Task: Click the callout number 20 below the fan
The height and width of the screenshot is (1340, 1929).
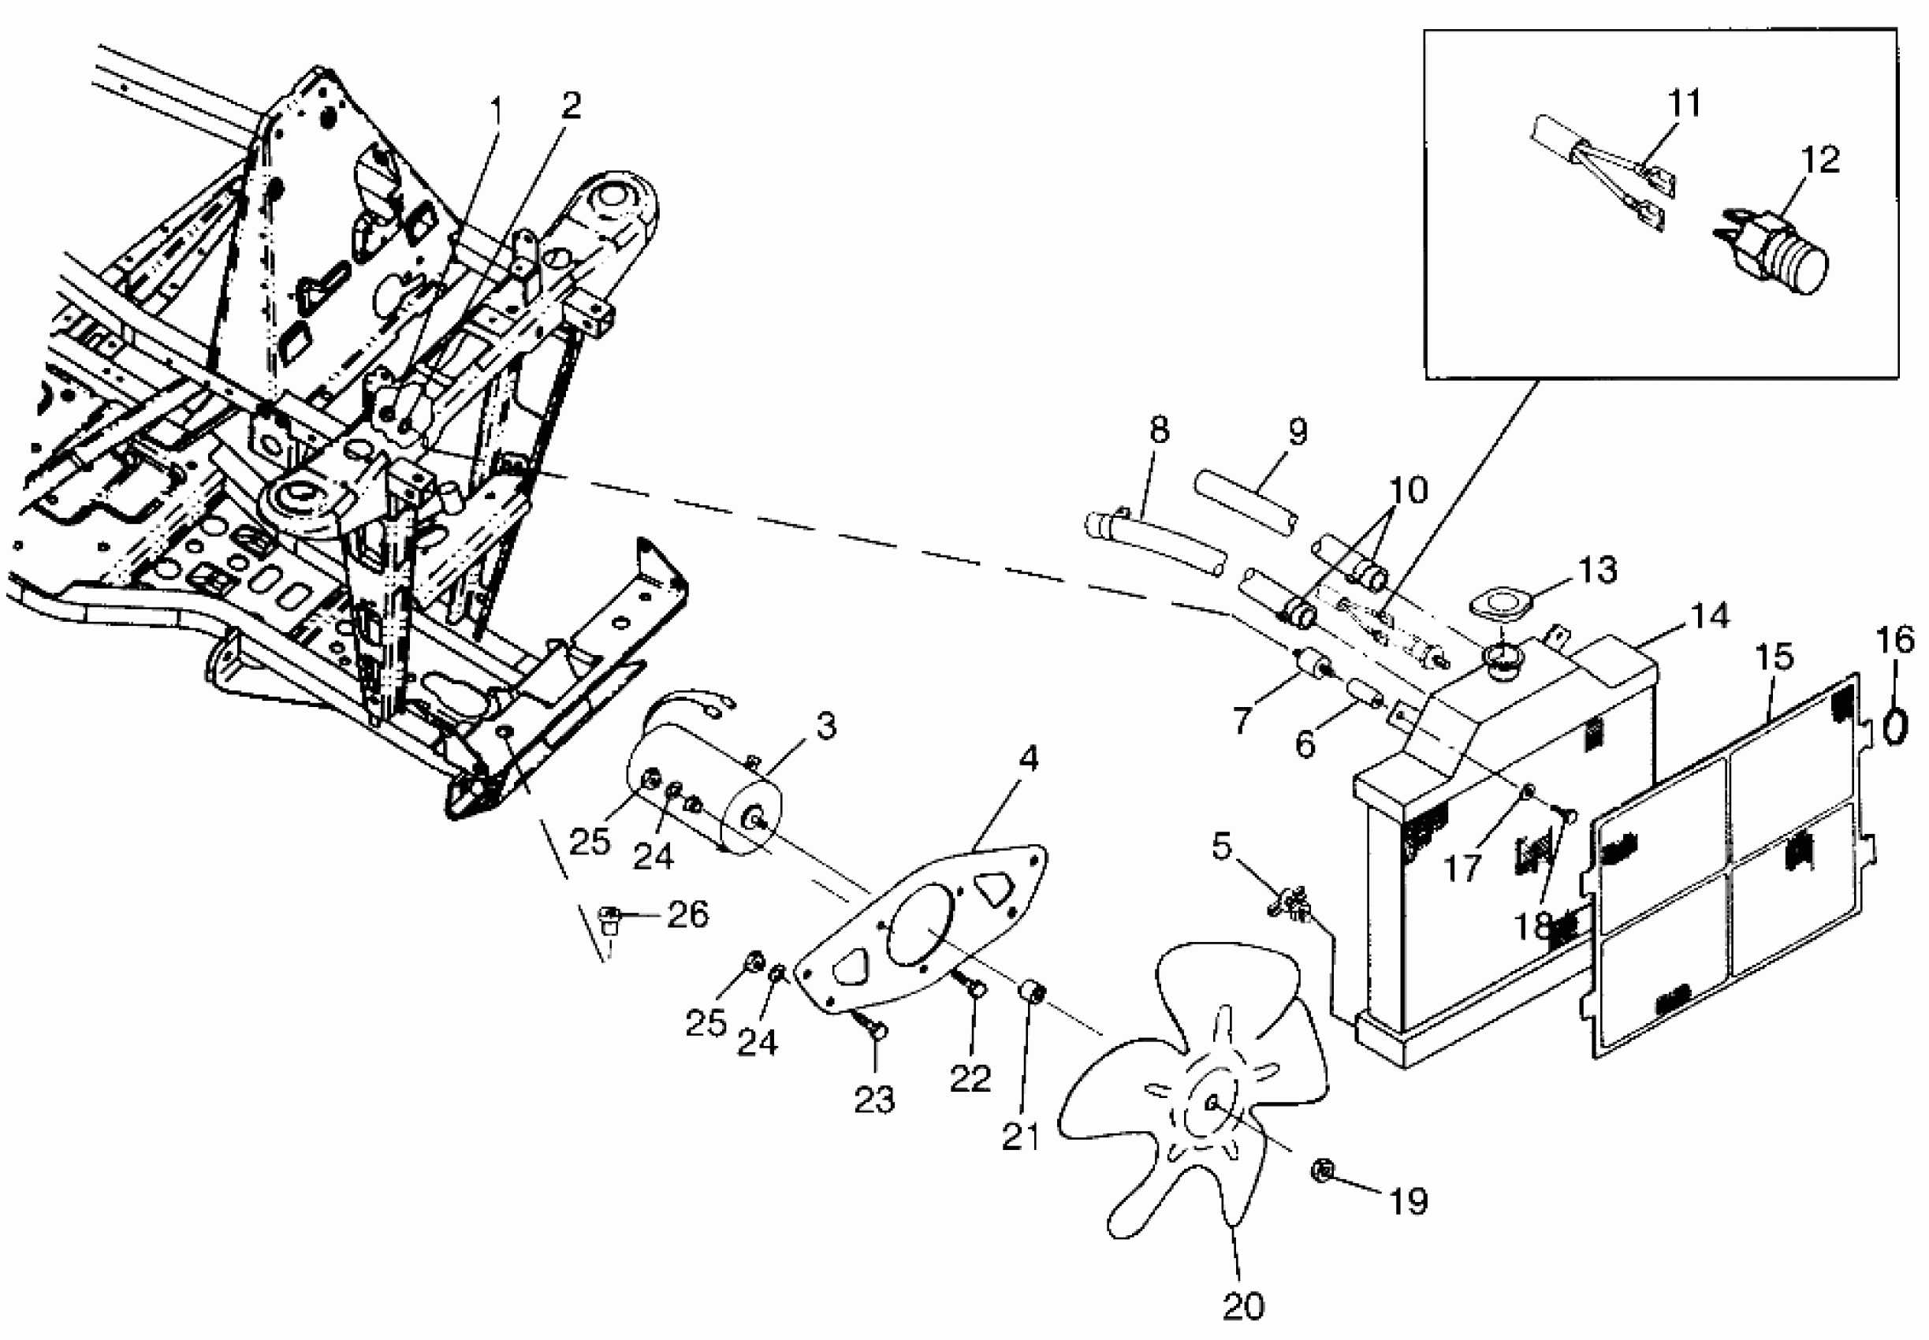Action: point(1243,1306)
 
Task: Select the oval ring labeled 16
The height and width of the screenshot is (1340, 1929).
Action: point(1892,726)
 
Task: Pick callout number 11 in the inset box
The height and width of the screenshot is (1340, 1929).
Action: point(1684,104)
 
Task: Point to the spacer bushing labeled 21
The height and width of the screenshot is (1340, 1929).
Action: point(1032,993)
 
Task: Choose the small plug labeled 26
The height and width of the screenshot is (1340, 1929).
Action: point(609,917)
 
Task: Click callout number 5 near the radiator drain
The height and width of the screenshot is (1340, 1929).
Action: point(1221,847)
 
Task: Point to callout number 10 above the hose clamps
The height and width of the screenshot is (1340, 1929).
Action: point(1408,490)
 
